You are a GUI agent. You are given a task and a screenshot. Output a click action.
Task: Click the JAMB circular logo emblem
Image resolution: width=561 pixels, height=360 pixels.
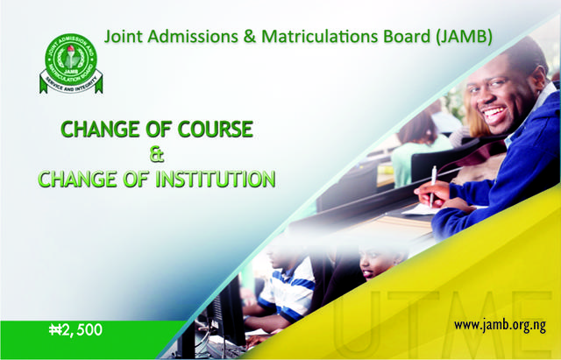[71, 64]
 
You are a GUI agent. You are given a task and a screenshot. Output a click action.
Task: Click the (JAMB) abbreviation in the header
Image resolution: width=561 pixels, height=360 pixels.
[464, 37]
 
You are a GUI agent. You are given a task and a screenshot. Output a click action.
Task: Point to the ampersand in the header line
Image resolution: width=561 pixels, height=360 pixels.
[250, 37]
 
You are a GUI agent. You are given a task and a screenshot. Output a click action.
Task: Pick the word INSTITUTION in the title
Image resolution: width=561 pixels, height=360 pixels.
[216, 179]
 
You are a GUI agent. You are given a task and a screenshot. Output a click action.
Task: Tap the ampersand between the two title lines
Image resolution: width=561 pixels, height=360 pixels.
[156, 154]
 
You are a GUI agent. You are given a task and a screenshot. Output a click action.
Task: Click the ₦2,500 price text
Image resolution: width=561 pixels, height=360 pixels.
[76, 329]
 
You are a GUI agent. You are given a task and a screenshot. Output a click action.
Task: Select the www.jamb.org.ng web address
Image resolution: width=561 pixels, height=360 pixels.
[500, 326]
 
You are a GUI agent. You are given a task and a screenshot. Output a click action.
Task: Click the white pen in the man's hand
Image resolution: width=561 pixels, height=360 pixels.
[432, 186]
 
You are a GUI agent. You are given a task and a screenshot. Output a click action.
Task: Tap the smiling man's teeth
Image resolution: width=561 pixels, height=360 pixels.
[494, 113]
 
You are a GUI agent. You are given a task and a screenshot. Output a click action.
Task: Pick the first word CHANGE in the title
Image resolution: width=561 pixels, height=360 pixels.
[100, 129]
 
